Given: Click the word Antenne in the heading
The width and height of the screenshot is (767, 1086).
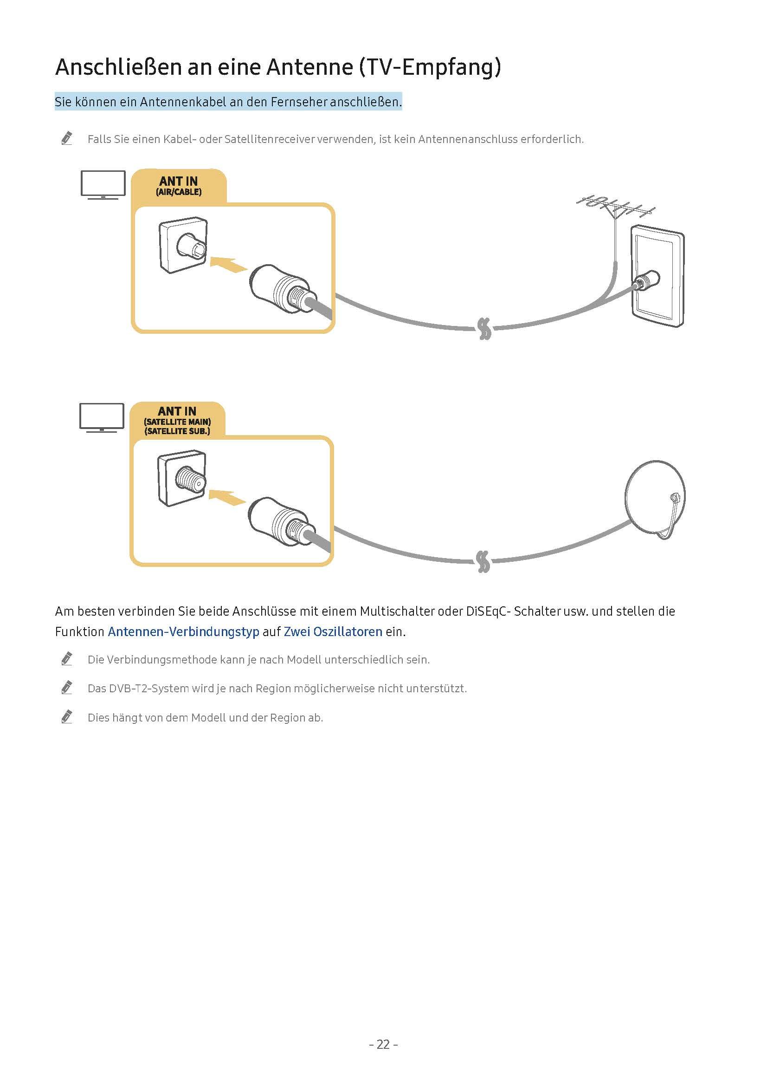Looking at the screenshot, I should [x=309, y=67].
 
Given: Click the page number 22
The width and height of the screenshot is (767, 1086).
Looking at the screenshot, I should [x=383, y=1044].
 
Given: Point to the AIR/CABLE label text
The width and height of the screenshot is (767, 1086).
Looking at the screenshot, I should [x=178, y=192].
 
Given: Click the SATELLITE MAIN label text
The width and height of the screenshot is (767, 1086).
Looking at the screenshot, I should [x=177, y=422].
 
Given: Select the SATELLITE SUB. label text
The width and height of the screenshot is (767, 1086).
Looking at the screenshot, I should [x=177, y=431].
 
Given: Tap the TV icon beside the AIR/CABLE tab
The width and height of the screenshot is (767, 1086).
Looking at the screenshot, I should [x=103, y=184].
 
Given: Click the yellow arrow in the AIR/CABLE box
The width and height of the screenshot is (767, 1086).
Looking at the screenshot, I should [x=229, y=264].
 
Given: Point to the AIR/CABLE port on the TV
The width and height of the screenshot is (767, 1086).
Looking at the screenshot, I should [x=191, y=246].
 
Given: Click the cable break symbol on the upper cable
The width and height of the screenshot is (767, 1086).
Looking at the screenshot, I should [x=484, y=328].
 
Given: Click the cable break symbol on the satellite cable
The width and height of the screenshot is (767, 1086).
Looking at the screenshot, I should [x=483, y=561].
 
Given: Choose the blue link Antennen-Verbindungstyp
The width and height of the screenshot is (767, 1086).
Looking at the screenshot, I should [x=183, y=631].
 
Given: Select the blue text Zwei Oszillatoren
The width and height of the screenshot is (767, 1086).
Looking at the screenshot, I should [x=333, y=631].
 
